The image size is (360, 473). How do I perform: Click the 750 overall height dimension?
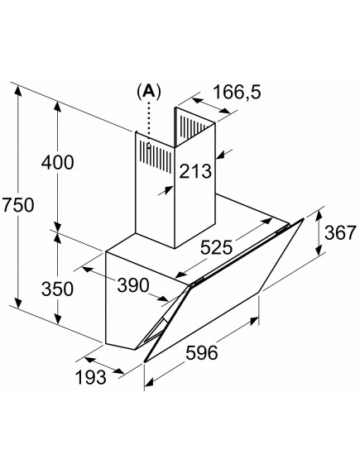pos(17,205)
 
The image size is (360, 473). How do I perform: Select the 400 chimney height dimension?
pos(57,163)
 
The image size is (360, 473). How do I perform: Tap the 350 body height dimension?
pos(57,289)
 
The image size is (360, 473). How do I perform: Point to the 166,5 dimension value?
pos(237,92)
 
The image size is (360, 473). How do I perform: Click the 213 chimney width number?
pos(195,171)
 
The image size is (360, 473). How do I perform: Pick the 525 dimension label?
pos(217,247)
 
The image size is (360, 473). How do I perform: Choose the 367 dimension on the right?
pos(340,233)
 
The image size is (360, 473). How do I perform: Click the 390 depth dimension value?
pos(133,285)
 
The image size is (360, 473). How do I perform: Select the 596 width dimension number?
pos(201,352)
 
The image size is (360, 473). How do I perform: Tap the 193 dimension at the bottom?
pos(90,377)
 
